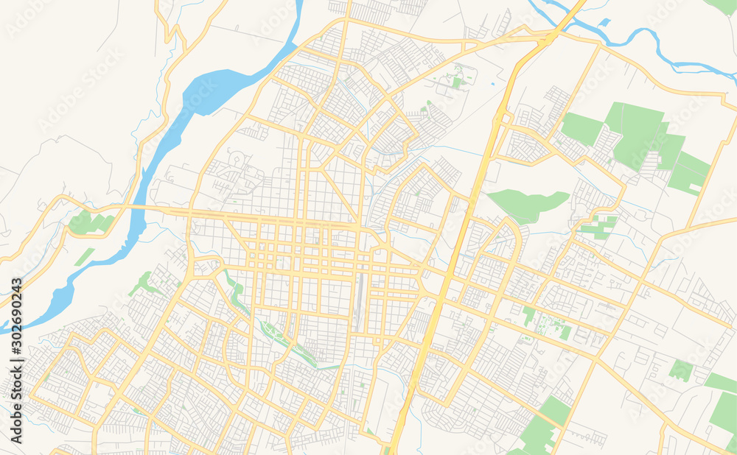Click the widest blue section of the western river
[x=214, y=88]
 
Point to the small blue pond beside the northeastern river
[x=604, y=23]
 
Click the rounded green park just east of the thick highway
[x=528, y=203]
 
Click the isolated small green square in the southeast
[x=680, y=370]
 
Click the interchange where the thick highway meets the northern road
[x=549, y=37]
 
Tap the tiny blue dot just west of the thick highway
[x=492, y=85]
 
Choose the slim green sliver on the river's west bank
[x=84, y=256]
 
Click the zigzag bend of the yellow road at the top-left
[x=173, y=33]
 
